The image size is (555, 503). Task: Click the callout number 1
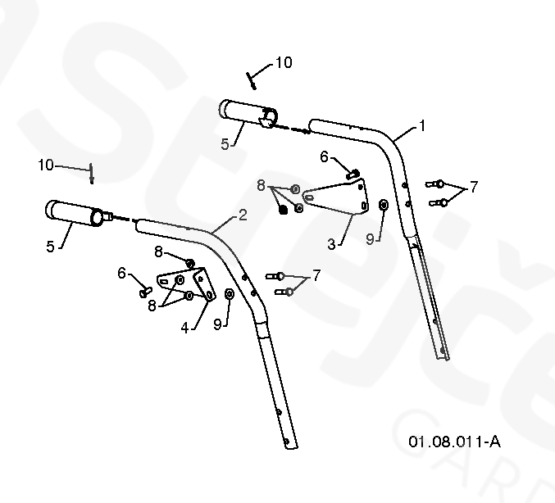[x=422, y=126]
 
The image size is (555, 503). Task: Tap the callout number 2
[x=243, y=215]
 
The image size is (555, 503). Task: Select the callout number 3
[x=332, y=243]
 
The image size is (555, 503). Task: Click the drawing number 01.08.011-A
[x=454, y=442]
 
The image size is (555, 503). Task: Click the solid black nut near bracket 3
[x=284, y=209]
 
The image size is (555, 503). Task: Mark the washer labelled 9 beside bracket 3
[x=384, y=204]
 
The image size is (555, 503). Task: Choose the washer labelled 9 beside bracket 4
[x=229, y=295]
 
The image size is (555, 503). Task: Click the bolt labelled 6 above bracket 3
[x=353, y=172]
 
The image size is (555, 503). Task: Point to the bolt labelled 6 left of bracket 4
[x=146, y=288]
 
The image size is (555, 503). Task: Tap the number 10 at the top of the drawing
[x=283, y=62]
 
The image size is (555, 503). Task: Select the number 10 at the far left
[x=46, y=165]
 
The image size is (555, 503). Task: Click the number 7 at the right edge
[x=473, y=185]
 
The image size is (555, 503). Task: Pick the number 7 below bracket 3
[x=316, y=275]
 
